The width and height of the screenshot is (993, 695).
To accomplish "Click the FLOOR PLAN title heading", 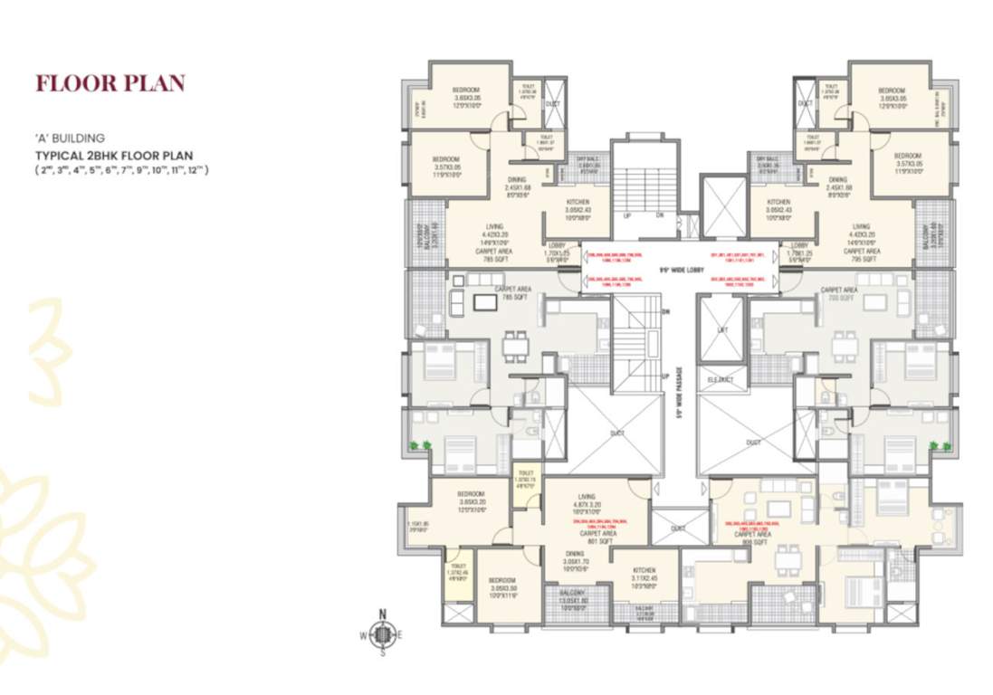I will pyautogui.click(x=110, y=83).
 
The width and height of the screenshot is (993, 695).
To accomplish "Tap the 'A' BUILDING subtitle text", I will pyautogui.click(x=69, y=138).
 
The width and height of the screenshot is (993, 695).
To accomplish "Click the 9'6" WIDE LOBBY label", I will pyautogui.click(x=677, y=270).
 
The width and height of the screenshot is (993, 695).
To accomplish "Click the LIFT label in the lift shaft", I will pyautogui.click(x=721, y=330).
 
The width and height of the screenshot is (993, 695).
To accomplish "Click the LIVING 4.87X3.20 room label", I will pyautogui.click(x=587, y=501).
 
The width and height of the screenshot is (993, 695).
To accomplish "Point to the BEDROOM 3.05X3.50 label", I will pyautogui.click(x=501, y=585).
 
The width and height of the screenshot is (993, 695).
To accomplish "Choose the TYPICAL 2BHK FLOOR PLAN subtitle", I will pyautogui.click(x=113, y=156).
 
